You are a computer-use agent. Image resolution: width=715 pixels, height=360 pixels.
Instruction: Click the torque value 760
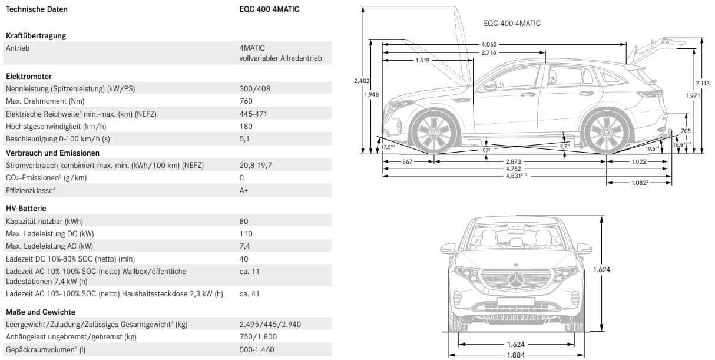click(246, 101)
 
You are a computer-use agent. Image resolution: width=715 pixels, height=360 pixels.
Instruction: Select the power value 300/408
click(254, 89)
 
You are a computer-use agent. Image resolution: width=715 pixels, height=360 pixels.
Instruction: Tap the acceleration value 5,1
click(244, 139)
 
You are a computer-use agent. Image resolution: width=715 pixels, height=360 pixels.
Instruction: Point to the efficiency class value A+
click(244, 191)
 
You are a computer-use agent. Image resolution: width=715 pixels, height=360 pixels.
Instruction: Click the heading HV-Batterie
click(26, 209)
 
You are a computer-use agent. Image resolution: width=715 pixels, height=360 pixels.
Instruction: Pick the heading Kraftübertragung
click(36, 36)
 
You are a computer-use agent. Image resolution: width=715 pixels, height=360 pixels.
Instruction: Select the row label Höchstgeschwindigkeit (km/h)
click(56, 127)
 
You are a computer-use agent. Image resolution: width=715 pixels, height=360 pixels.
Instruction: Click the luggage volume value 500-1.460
click(257, 349)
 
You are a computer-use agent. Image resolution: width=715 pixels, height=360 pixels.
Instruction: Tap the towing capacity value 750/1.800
click(258, 337)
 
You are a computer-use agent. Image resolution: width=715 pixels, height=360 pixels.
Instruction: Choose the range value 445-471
click(253, 114)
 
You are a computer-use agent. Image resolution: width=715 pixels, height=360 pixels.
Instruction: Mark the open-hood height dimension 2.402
click(361, 81)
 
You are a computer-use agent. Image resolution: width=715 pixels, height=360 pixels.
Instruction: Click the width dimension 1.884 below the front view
click(516, 355)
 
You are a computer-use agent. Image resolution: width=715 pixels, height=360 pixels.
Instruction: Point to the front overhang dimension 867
click(408, 161)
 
